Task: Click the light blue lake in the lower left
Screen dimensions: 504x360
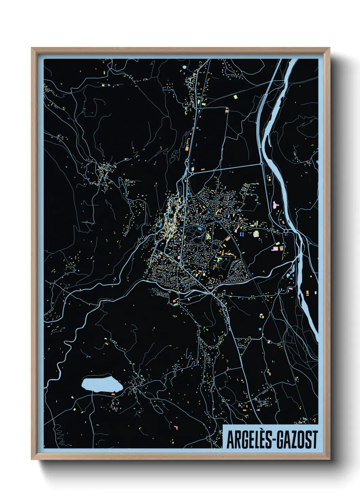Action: tap(102, 384)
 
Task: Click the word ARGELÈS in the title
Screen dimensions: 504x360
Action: tap(247, 440)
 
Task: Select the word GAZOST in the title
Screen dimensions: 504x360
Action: tap(297, 440)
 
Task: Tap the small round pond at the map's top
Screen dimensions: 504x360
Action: tap(184, 67)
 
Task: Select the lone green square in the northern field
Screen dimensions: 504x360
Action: tap(235, 97)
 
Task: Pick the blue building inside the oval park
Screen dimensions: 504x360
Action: tap(199, 229)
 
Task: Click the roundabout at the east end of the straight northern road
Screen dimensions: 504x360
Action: tap(261, 164)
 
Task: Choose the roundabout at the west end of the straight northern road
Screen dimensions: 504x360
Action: tap(192, 174)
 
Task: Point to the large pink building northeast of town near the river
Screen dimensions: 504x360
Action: tap(275, 205)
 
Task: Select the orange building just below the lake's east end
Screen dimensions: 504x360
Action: tap(113, 394)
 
